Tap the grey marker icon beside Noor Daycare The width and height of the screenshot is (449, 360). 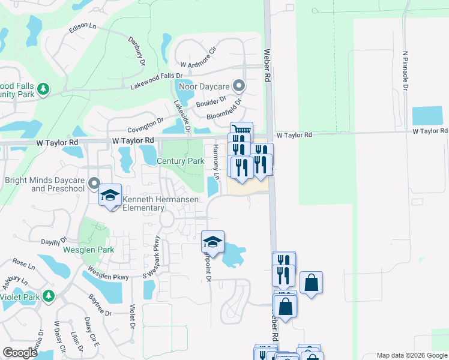[239, 86]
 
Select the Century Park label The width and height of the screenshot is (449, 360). [180, 161]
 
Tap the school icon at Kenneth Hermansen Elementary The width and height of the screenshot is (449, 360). [110, 196]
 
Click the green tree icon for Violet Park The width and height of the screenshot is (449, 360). [49, 296]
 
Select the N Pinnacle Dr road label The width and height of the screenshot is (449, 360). [406, 70]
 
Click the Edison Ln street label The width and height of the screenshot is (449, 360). [83, 28]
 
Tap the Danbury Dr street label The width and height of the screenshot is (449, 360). [137, 50]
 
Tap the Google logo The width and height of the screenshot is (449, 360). [20, 353]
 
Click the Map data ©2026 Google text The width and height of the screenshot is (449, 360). [411, 355]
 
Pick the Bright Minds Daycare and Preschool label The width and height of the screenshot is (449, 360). [44, 184]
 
